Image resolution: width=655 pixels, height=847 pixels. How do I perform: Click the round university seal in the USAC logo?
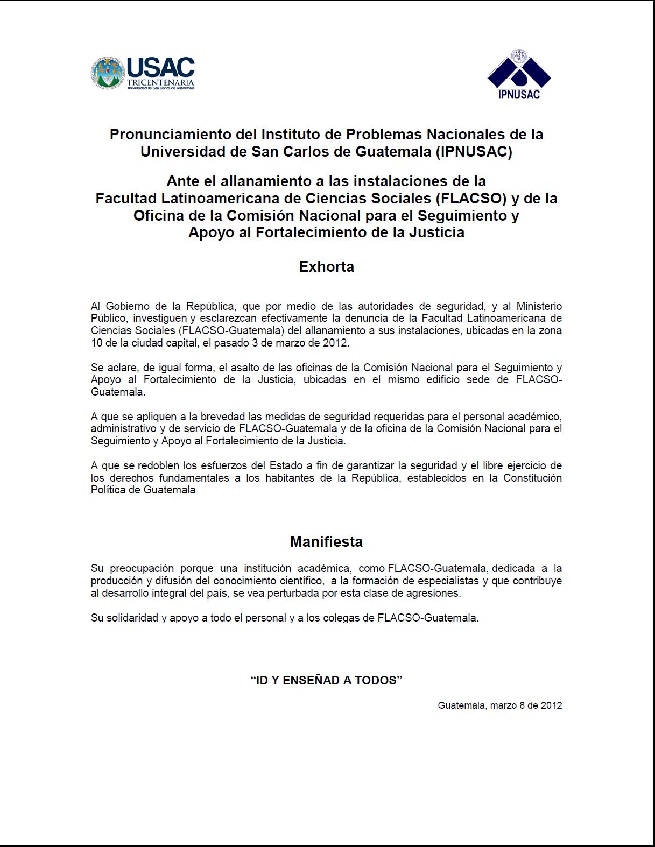pos(107,73)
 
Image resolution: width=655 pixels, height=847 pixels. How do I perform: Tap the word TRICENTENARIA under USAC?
pos(160,82)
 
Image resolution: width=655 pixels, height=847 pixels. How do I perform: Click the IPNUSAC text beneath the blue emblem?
pos(519,95)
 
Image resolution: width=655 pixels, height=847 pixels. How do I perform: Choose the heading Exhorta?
pos(326,267)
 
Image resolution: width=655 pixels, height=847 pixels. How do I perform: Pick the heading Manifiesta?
pos(326,541)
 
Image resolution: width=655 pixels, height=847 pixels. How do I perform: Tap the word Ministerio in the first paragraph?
pos(539,306)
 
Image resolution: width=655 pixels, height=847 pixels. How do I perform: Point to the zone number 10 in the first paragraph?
pos(96,343)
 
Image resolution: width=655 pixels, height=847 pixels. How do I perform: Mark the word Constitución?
pos(532,478)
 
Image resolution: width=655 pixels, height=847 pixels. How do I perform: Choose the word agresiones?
pos(435,593)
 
